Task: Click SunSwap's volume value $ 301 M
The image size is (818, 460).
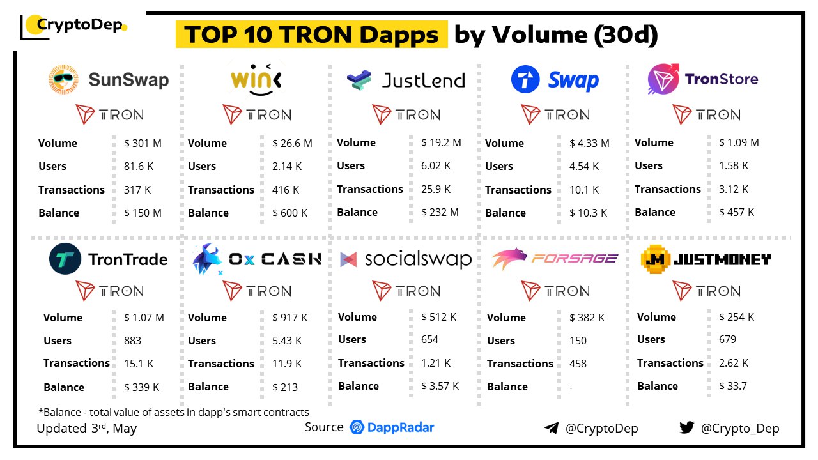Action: pos(143,143)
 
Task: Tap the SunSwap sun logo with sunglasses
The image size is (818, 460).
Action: pos(63,79)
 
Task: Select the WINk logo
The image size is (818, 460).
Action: pos(257,79)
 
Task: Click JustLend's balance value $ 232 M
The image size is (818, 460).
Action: pos(440,212)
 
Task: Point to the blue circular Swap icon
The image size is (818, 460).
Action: pos(525,79)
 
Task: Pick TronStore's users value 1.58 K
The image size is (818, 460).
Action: pos(733,165)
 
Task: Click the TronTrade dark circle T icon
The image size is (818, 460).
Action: pos(65,259)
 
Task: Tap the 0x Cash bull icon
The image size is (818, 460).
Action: pos(207,259)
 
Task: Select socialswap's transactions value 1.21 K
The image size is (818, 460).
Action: pos(436,363)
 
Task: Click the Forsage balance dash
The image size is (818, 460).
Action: pos(571,387)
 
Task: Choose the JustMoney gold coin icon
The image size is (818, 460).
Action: pos(656,259)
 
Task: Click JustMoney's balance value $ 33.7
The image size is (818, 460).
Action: pos(733,386)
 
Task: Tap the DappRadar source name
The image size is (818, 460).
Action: pos(401,427)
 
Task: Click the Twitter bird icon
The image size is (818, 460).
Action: pos(687,427)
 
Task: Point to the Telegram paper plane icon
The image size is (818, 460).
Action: pos(552,428)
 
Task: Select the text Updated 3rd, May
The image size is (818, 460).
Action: pos(86,428)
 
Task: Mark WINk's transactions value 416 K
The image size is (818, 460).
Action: pos(286,190)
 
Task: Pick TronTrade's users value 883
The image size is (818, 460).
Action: pos(132,341)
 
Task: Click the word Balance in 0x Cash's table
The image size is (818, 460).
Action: pos(208,387)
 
